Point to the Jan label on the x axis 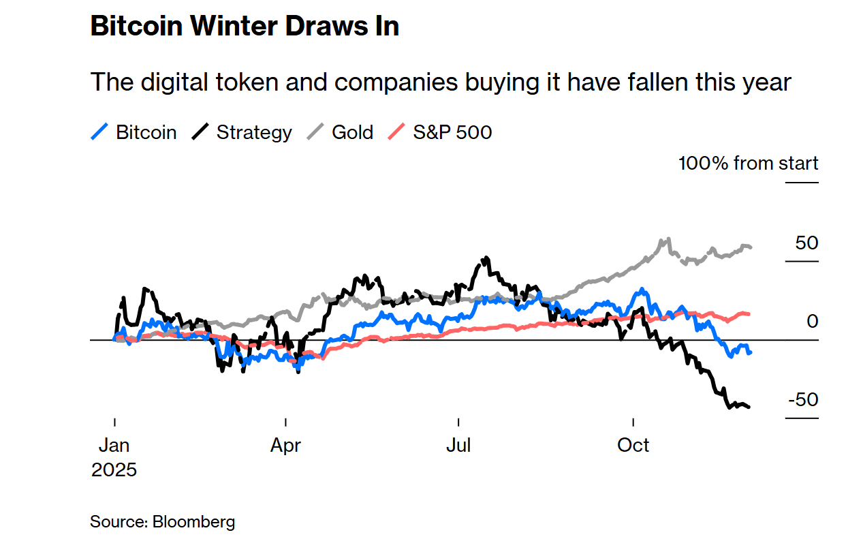(x=114, y=446)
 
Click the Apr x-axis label (x=286, y=446)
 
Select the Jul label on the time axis (x=458, y=446)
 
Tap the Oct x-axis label (x=633, y=446)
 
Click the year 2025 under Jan (x=114, y=470)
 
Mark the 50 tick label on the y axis (x=806, y=243)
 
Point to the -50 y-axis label (x=803, y=399)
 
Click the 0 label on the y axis (x=812, y=321)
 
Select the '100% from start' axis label (x=748, y=164)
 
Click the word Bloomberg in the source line (x=194, y=523)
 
